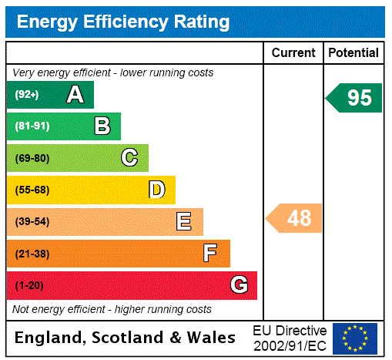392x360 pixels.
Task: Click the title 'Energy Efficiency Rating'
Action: click(x=123, y=22)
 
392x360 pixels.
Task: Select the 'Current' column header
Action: click(x=293, y=53)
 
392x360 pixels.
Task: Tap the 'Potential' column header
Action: click(x=353, y=53)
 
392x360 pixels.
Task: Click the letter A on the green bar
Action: click(x=75, y=95)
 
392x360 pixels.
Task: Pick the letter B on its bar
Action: click(x=102, y=126)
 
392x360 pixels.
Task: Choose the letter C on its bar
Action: click(x=129, y=158)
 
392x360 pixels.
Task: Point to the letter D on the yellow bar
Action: click(x=157, y=190)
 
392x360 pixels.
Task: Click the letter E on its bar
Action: click(x=184, y=222)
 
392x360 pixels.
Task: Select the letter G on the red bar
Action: click(x=239, y=285)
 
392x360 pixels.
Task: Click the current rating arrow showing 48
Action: click(x=295, y=219)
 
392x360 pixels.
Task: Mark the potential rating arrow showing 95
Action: click(x=354, y=98)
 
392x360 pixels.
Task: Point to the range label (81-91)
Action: click(x=32, y=126)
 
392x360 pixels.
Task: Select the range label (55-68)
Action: click(x=32, y=190)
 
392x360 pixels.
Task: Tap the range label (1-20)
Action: click(x=29, y=285)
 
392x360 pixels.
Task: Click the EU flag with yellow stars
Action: click(x=355, y=338)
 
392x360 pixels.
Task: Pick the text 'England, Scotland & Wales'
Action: click(x=126, y=338)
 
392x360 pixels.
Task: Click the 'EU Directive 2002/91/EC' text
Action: click(x=290, y=338)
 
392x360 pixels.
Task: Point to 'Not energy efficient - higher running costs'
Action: click(x=112, y=309)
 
